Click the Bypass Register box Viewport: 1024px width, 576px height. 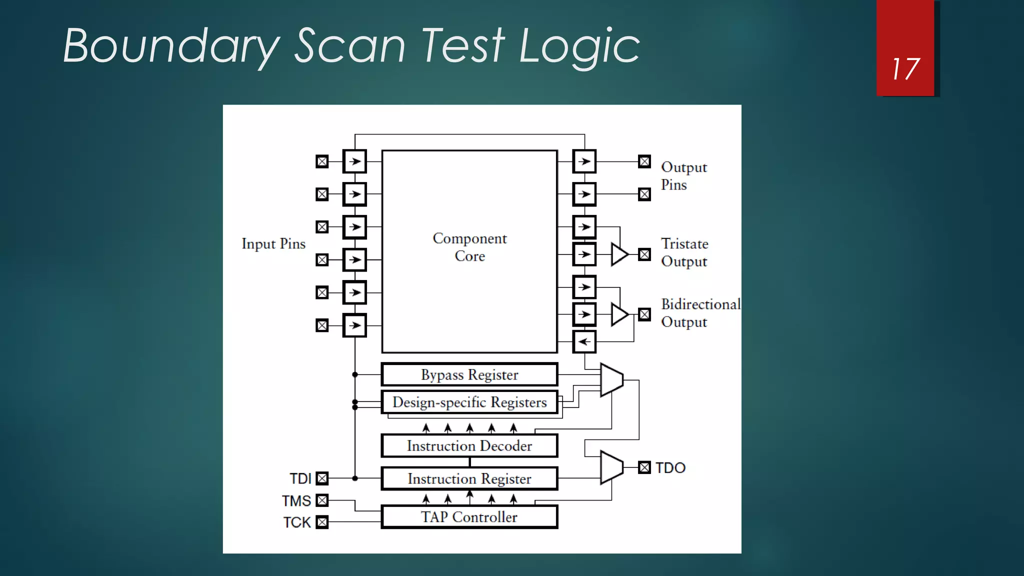tap(469, 374)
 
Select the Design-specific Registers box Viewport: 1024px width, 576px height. tap(469, 402)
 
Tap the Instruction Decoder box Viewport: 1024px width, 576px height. tap(469, 445)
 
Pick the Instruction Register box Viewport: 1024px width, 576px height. tap(469, 478)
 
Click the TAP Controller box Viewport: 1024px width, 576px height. tap(469, 517)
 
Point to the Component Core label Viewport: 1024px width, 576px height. tap(469, 247)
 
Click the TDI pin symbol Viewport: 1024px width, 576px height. tap(322, 478)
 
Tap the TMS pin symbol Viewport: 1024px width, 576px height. tap(322, 500)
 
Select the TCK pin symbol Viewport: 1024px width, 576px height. tap(322, 522)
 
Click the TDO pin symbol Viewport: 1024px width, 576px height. tap(644, 467)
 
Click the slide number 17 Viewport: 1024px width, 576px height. tap(905, 69)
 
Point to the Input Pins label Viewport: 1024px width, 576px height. tap(273, 244)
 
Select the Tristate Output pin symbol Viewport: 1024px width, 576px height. tap(644, 254)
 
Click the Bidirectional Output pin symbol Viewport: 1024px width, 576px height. tap(644, 314)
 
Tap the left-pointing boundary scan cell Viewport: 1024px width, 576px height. tap(584, 342)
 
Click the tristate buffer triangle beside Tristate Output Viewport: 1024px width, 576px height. tap(619, 254)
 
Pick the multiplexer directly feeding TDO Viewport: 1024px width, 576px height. tap(611, 467)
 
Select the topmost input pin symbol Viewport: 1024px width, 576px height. tap(322, 161)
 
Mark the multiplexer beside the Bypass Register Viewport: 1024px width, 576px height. tap(611, 380)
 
